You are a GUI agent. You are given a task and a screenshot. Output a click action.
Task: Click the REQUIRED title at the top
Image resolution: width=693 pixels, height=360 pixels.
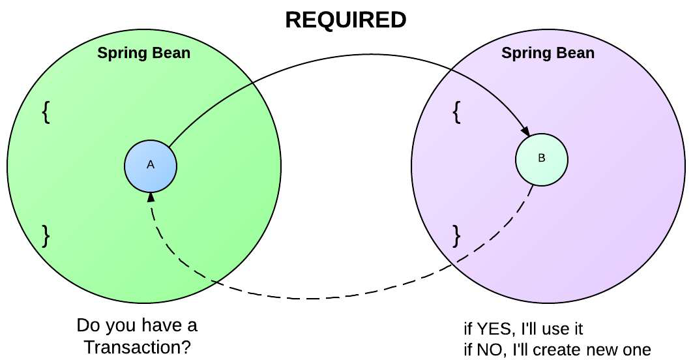(x=346, y=20)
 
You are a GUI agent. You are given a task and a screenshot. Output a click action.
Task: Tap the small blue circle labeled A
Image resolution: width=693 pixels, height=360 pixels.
(x=151, y=165)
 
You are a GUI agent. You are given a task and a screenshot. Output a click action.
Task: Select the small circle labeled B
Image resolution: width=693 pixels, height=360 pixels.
(x=542, y=158)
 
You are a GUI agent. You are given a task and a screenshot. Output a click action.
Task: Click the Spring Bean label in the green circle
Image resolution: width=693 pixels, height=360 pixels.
(x=144, y=53)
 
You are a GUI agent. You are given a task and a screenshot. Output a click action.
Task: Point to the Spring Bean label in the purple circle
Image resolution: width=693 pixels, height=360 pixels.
(x=548, y=53)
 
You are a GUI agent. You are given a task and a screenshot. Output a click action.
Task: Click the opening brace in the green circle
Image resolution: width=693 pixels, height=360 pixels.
(x=46, y=113)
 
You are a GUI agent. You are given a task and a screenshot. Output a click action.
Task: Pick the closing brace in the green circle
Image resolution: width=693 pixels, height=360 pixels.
(x=46, y=235)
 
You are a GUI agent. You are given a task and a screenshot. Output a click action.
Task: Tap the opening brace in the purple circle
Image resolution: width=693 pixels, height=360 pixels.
(x=456, y=113)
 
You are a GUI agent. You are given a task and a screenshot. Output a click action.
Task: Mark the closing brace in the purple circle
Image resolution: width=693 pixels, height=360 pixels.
(x=456, y=235)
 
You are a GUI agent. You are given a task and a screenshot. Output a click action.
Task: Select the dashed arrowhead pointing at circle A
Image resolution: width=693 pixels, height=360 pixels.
(x=151, y=196)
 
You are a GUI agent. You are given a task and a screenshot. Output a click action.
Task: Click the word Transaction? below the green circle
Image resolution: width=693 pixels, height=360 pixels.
(x=138, y=348)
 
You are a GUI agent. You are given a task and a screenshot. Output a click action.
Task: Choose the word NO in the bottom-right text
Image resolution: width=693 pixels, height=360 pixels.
(x=487, y=349)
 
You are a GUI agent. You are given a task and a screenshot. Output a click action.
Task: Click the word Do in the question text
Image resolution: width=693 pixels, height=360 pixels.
(x=86, y=325)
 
